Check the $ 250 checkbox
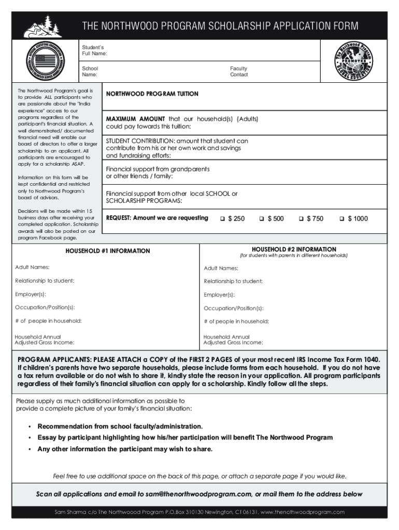click(222, 219)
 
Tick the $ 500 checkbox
click(262, 219)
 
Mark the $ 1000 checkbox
click(341, 219)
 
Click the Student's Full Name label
click(94, 50)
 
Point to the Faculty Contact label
click(239, 71)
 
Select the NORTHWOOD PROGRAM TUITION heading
click(152, 94)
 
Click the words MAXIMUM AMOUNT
click(135, 119)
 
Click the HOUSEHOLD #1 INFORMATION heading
click(107, 251)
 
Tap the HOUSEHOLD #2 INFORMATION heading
click(294, 249)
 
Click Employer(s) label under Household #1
click(31, 295)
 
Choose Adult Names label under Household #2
click(221, 268)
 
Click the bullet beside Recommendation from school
click(30, 426)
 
